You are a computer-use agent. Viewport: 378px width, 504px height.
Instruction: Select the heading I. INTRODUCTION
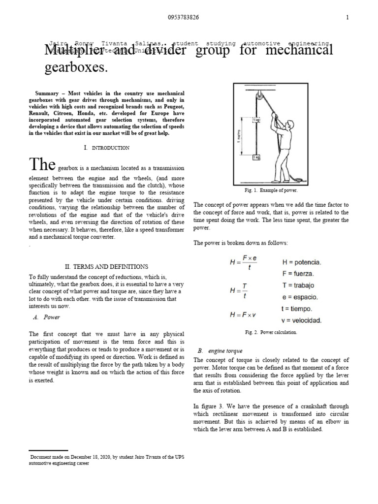pyautogui.click(x=107, y=148)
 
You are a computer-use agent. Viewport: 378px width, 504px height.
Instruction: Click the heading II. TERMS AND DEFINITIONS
pyautogui.click(x=107, y=266)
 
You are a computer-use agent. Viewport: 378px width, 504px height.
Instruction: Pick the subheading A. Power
pyautogui.click(x=49, y=317)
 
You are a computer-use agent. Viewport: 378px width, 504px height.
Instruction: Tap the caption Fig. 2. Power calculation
pyautogui.click(x=271, y=332)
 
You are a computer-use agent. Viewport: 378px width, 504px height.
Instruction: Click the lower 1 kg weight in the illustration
pyautogui.click(x=257, y=157)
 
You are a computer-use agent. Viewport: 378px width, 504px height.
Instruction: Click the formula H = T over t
pyautogui.click(x=239, y=290)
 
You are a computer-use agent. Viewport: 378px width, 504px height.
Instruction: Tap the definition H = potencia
pyautogui.click(x=301, y=262)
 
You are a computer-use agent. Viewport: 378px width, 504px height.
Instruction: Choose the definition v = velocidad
pyautogui.click(x=302, y=320)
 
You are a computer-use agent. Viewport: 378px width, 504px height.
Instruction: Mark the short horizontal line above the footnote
pyautogui.click(x=48, y=450)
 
